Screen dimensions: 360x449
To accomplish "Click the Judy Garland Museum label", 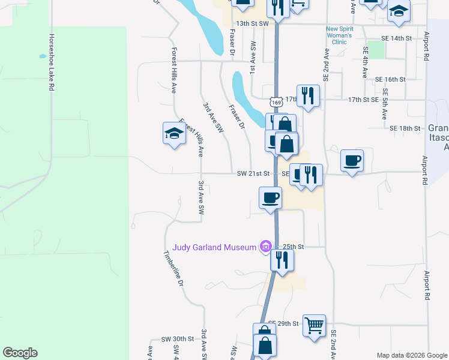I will (214, 247).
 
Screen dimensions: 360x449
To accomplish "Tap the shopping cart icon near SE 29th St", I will (314, 326).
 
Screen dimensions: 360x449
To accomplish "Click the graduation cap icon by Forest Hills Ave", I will (173, 133).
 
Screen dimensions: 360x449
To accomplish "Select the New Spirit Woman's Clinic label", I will (345, 35).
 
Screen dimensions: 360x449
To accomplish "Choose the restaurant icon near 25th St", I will (280, 260).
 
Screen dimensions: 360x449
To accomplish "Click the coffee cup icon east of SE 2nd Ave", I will (352, 161).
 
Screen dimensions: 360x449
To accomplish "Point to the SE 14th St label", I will (396, 38).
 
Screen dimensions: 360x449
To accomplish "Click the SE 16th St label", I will (391, 79).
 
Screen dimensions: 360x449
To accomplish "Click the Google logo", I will (20, 353).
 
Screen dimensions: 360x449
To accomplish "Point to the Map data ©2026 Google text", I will (411, 355).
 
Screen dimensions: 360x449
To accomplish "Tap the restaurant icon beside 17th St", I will (308, 96).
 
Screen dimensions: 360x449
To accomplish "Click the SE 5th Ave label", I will (385, 104).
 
